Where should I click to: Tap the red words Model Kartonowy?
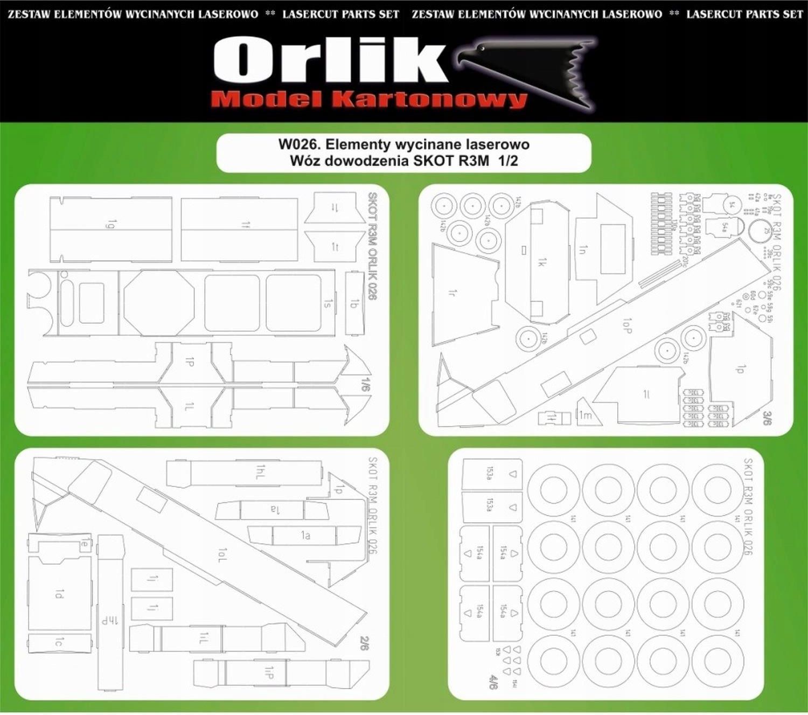pos(368,100)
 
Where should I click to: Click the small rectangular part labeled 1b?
pos(354,303)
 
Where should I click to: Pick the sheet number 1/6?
pos(366,384)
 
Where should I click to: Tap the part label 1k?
pos(542,262)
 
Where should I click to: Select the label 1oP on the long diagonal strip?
pos(626,325)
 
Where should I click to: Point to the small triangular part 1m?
pos(585,414)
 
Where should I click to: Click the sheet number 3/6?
pos(767,418)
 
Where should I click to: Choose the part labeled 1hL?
pos(260,473)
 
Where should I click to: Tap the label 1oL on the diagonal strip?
pos(222,555)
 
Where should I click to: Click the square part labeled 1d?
pos(59,594)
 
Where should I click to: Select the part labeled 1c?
pos(59,643)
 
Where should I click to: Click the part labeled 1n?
pos(583,249)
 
